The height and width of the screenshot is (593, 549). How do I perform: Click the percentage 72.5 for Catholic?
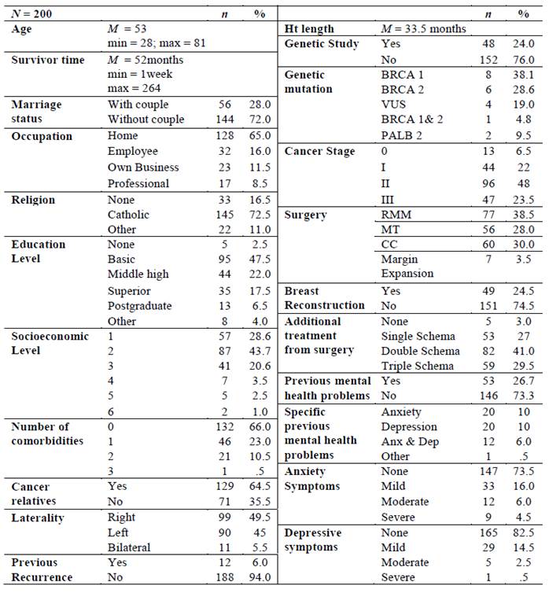tap(260, 214)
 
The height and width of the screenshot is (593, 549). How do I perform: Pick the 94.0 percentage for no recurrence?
tap(260, 578)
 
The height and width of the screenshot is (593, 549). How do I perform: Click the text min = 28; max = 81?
tap(156, 43)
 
